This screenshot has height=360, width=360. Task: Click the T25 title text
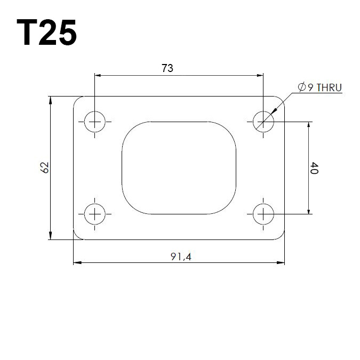click(46, 32)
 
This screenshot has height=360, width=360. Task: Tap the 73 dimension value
click(167, 68)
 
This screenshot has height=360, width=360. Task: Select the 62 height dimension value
click(45, 167)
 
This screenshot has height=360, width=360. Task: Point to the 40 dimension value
click(314, 168)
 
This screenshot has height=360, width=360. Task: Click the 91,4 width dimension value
click(181, 257)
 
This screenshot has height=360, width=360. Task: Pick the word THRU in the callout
click(329, 87)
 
